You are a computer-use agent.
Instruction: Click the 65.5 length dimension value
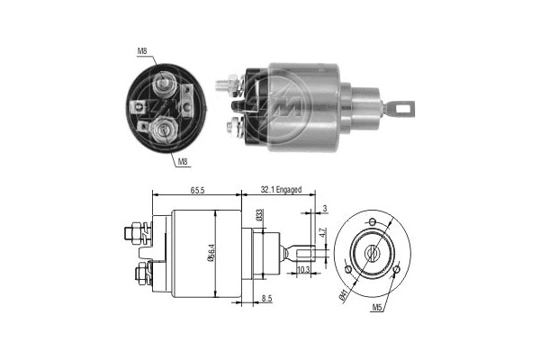[198, 190]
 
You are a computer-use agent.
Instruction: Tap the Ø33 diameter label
[259, 215]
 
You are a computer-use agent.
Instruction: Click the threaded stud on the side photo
[226, 86]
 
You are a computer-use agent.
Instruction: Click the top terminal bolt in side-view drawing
[132, 233]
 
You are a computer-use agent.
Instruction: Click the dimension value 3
[324, 209]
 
